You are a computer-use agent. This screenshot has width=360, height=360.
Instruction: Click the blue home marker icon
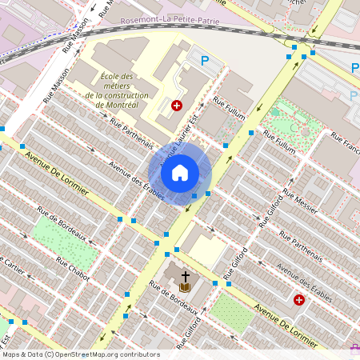pos(180,172)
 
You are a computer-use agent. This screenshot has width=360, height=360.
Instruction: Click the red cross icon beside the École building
pos(177,105)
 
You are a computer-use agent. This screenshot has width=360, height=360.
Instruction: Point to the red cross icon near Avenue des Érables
pos(298,300)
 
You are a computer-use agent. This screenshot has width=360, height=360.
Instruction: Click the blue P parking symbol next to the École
pos(205,60)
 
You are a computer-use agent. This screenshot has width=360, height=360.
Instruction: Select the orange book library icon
pos(185,286)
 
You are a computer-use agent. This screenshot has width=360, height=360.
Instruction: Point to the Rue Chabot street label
pos(73,268)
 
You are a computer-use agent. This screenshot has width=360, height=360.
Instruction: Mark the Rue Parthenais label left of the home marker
pos(131,134)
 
